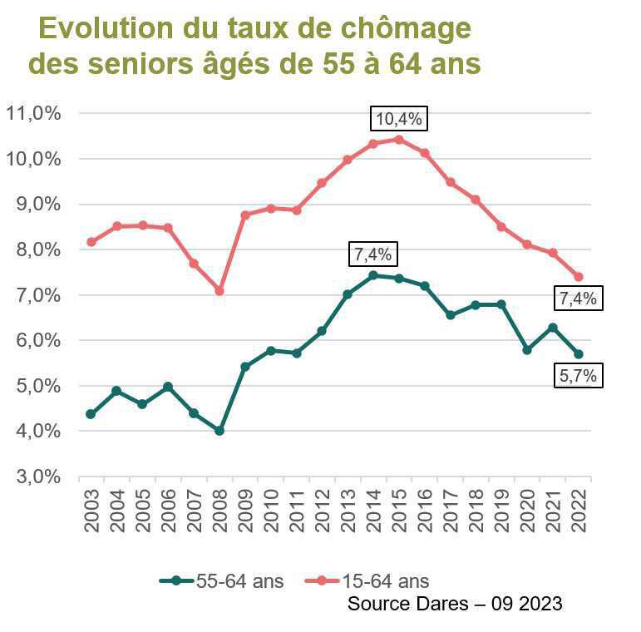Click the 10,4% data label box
[x=399, y=120]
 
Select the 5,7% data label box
[x=577, y=376]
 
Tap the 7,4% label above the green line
[x=373, y=254]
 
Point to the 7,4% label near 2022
[x=577, y=298]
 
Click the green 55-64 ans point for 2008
[x=219, y=431]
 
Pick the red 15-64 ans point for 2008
[x=219, y=291]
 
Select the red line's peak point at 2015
[x=399, y=140]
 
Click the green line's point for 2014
[x=373, y=275]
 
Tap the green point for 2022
[x=578, y=354]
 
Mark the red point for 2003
[x=91, y=242]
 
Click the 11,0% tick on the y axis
[x=33, y=114]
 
